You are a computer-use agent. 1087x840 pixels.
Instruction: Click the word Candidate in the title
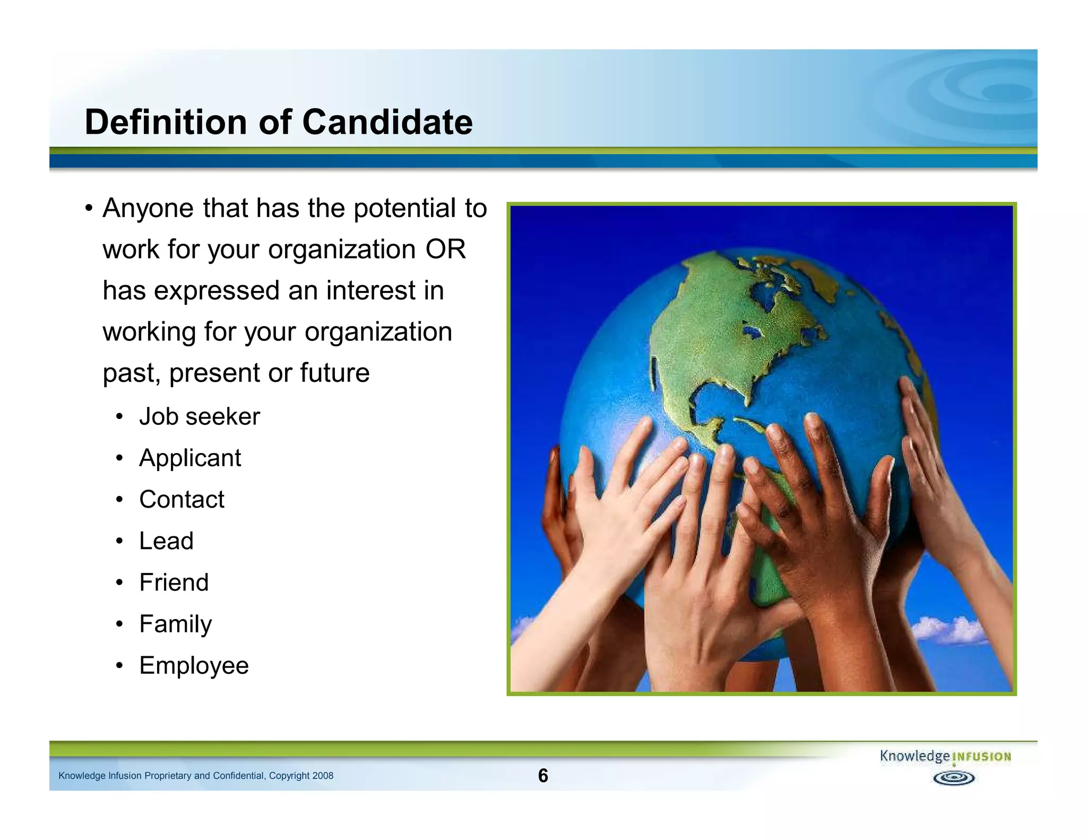[x=387, y=122]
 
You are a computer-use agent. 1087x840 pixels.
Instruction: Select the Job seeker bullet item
[x=200, y=417]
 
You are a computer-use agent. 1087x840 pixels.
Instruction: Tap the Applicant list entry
[x=190, y=458]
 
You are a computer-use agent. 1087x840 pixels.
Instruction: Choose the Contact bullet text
[x=182, y=500]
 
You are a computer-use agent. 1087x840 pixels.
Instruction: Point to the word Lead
[x=166, y=541]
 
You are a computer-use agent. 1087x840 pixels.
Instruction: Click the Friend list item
[x=174, y=582]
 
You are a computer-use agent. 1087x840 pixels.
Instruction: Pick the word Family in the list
[x=175, y=624]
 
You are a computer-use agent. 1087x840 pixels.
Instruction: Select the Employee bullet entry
[x=194, y=665]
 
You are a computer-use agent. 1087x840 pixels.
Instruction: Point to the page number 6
[x=543, y=776]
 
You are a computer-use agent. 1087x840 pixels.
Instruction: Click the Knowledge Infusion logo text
[x=945, y=756]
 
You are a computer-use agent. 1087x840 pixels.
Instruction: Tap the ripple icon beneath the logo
[x=954, y=778]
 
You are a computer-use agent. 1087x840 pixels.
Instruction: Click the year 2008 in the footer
[x=323, y=776]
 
